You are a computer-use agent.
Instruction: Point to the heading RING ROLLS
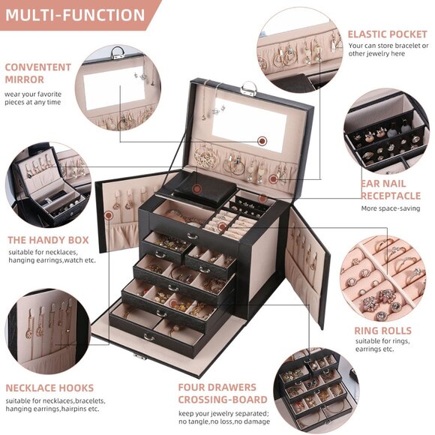click(x=382, y=331)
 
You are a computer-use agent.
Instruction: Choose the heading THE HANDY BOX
click(x=48, y=240)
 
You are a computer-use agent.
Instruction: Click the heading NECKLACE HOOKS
click(x=49, y=388)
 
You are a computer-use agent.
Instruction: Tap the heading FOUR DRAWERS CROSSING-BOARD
click(x=217, y=393)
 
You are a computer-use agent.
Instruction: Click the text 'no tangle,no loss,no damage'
click(x=222, y=422)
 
